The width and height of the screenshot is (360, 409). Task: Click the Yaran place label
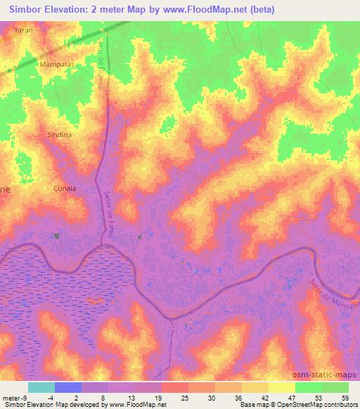[24, 32]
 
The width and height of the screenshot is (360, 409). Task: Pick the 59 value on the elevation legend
[345, 397]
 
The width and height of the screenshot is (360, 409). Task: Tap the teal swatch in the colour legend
[41, 387]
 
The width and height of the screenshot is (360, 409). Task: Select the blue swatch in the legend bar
[67, 387]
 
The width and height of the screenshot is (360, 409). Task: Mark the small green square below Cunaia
[56, 236]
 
